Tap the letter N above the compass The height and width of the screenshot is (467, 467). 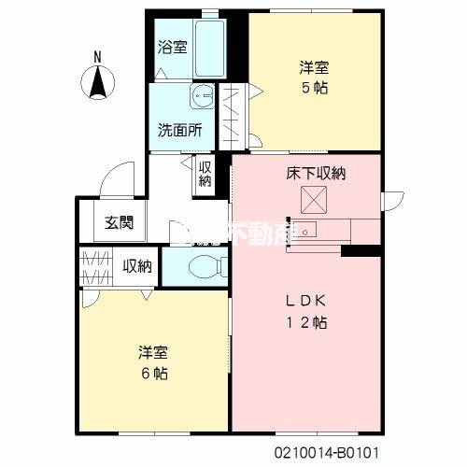click(x=98, y=56)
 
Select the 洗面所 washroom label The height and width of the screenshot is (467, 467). click(x=179, y=131)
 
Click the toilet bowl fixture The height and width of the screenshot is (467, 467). click(x=204, y=267)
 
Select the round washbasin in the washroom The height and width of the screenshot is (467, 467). click(x=202, y=99)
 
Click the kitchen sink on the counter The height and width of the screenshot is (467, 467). click(x=309, y=231)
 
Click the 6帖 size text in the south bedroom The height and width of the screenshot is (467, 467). click(x=155, y=373)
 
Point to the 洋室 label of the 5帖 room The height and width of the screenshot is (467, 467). click(x=315, y=68)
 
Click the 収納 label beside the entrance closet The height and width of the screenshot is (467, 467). click(x=137, y=265)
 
